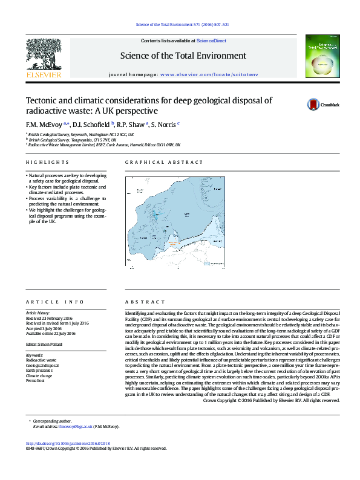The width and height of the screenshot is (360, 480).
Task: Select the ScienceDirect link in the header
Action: [212, 41]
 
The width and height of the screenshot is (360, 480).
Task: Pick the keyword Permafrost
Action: [35, 364]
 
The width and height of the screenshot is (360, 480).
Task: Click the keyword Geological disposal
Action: [42, 349]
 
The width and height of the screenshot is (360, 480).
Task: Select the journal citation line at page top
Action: [181, 25]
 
